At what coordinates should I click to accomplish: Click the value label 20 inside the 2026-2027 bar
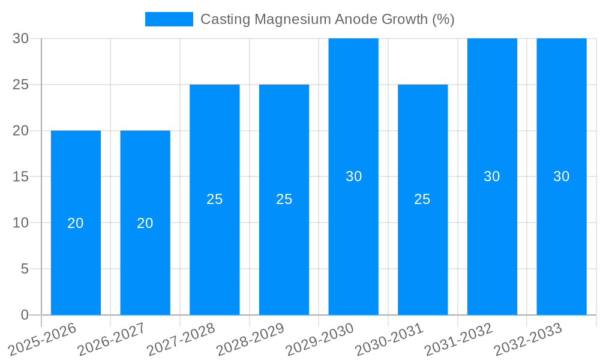(x=145, y=223)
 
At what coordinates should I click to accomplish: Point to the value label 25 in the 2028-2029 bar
(x=284, y=199)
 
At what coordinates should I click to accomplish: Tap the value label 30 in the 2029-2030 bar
(x=353, y=176)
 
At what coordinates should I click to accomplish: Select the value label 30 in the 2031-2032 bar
(x=492, y=176)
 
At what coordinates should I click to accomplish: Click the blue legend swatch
(x=169, y=19)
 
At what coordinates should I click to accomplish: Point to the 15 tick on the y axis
(x=21, y=176)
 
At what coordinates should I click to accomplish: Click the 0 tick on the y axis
(x=25, y=314)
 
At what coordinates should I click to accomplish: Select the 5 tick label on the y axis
(x=25, y=269)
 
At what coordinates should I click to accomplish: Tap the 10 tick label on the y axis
(x=21, y=223)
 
